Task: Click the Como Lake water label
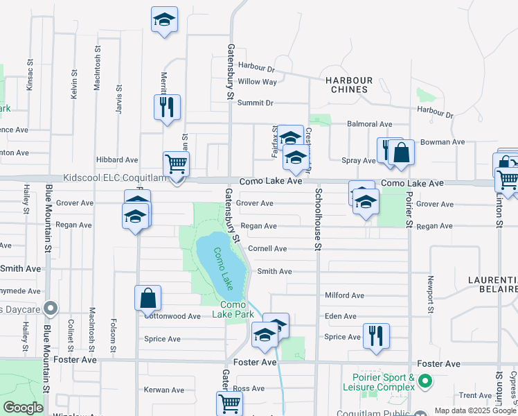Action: (224, 268)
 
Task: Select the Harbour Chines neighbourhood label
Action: (349, 85)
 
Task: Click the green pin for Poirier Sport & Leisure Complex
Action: (425, 381)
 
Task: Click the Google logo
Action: (24, 408)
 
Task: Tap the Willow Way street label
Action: (257, 82)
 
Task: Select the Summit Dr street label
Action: (256, 103)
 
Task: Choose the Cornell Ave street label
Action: (267, 249)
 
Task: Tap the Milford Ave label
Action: (344, 295)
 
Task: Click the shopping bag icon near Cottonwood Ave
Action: (148, 299)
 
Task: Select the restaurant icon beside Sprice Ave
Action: (376, 335)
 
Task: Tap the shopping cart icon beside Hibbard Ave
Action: (176, 164)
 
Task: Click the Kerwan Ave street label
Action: (165, 390)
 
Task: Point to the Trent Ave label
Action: (475, 395)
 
